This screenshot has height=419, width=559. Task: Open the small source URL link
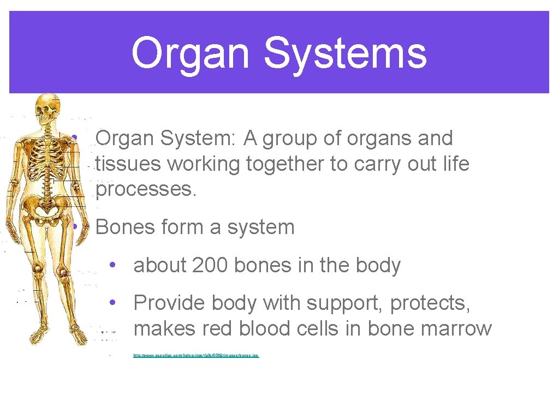(196, 356)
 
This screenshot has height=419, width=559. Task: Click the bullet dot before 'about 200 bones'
(111, 266)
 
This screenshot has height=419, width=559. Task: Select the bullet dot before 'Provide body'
(111, 303)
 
